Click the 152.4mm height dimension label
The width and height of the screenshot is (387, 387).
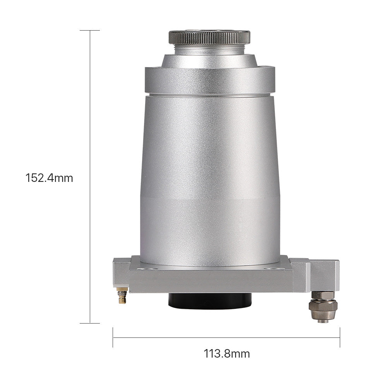click(50, 178)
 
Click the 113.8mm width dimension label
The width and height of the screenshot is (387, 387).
click(226, 354)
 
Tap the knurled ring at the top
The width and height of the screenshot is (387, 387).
click(209, 37)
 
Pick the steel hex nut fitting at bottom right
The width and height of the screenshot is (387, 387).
click(323, 307)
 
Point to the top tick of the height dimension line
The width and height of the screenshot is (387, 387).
click(90, 30)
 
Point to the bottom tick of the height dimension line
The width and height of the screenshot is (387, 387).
click(90, 323)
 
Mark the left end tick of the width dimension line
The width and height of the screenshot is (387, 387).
click(113, 337)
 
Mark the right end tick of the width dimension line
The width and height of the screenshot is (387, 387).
click(340, 337)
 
